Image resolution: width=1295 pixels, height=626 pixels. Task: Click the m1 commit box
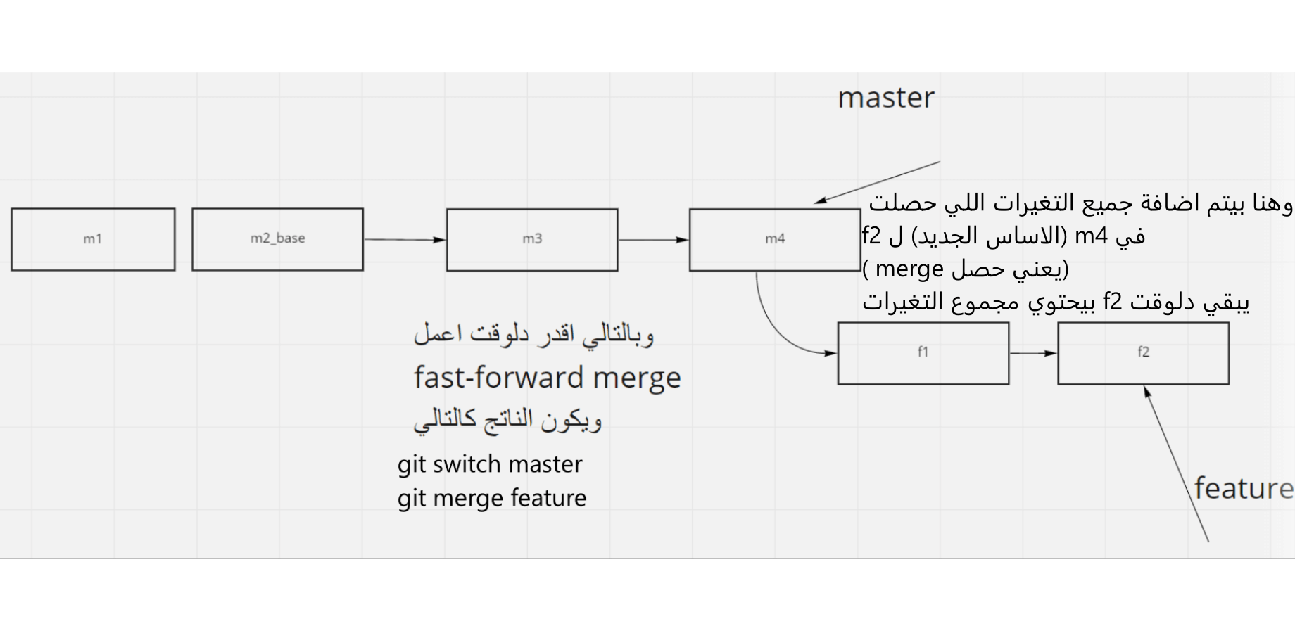pyautogui.click(x=93, y=239)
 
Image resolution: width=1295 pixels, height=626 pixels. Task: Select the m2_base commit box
pyautogui.click(x=277, y=239)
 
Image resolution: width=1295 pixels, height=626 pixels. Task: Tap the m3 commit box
pyautogui.click(x=532, y=239)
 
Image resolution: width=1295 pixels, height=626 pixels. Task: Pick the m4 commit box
pyautogui.click(x=774, y=239)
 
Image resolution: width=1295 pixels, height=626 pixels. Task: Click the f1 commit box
pyautogui.click(x=923, y=352)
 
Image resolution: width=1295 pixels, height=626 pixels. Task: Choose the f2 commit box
pyautogui.click(x=1143, y=352)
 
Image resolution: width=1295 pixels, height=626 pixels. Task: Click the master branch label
pyautogui.click(x=886, y=98)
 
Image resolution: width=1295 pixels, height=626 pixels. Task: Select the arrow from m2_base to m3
pyautogui.click(x=405, y=240)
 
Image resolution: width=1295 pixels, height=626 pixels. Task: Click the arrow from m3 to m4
pyautogui.click(x=653, y=240)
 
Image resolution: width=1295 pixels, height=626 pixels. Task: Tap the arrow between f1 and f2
pyautogui.click(x=1033, y=353)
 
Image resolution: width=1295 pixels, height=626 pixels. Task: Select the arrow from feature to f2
pyautogui.click(x=1177, y=464)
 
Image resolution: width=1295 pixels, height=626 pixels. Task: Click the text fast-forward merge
pyautogui.click(x=547, y=378)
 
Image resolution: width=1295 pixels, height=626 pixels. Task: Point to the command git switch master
pyautogui.click(x=490, y=464)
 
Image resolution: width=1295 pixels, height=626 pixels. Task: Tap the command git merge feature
pyautogui.click(x=491, y=498)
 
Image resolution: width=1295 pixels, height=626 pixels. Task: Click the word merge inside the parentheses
pyautogui.click(x=909, y=269)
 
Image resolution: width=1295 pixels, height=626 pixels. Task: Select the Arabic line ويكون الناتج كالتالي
pyautogui.click(x=507, y=420)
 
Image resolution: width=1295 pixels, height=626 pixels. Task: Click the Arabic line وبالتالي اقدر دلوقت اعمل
pyautogui.click(x=533, y=334)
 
